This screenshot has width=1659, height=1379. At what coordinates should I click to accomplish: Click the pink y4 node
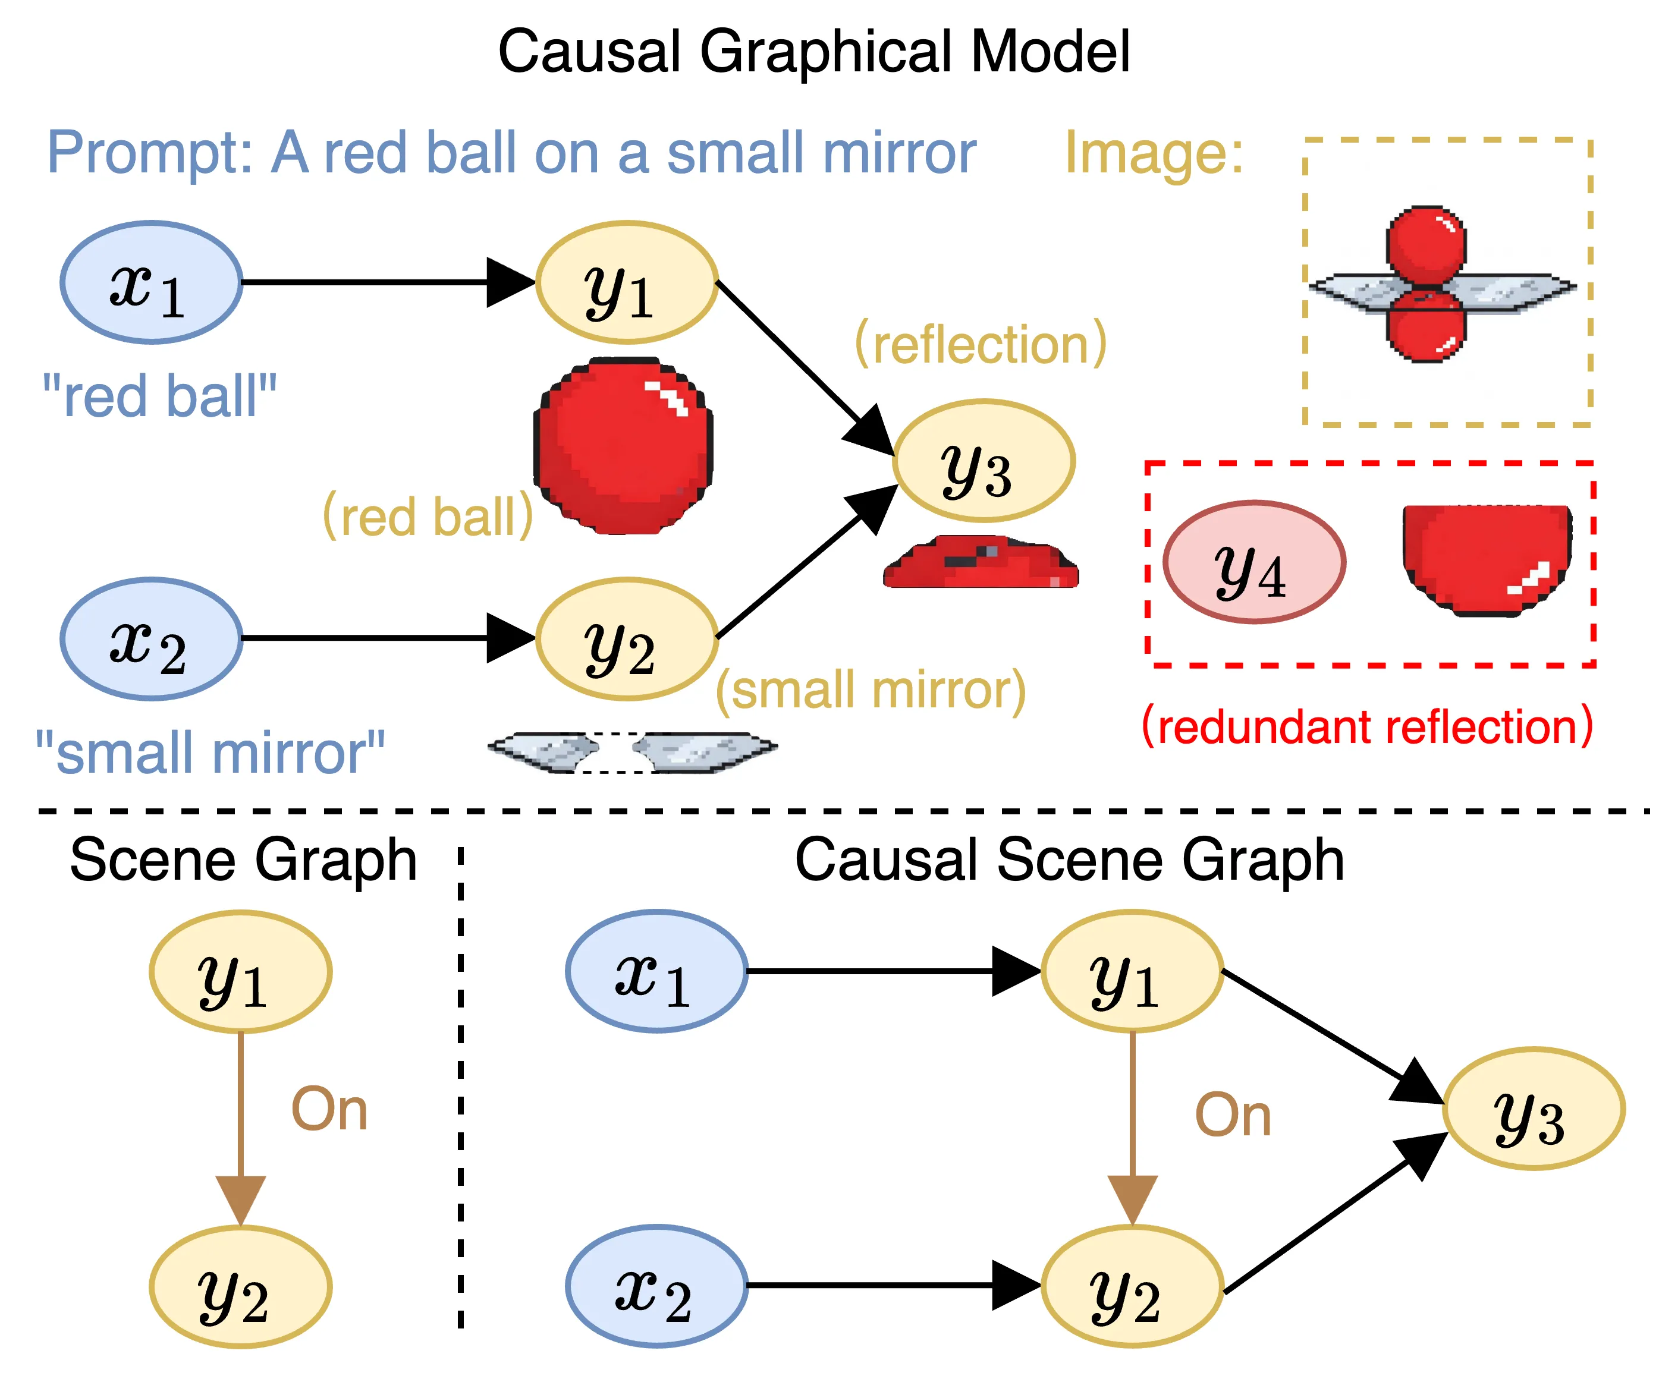point(1253,562)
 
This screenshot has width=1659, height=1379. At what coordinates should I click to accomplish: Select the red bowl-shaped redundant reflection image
point(1486,558)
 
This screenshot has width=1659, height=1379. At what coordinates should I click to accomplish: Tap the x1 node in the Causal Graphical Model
point(151,282)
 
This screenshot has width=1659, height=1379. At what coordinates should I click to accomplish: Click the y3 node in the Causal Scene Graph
point(1532,1108)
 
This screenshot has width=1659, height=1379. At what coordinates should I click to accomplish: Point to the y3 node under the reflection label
point(983,461)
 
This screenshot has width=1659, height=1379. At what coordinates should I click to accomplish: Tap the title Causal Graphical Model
point(813,51)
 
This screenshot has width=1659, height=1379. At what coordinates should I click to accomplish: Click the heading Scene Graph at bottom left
point(243,859)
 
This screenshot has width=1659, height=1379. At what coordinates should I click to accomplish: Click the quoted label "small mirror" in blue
point(210,753)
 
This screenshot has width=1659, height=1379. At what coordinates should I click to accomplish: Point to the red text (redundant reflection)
point(1366,726)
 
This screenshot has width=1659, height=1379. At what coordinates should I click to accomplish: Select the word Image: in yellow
point(1154,152)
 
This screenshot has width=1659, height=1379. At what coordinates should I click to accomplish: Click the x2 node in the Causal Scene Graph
point(656,1286)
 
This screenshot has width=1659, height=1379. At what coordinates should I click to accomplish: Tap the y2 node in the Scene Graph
point(240,1286)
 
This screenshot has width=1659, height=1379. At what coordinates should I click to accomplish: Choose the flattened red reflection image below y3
point(981,563)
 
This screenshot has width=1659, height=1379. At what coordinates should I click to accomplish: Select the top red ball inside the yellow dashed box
point(1426,245)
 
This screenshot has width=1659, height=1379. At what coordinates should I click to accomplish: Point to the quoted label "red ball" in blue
point(159,396)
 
